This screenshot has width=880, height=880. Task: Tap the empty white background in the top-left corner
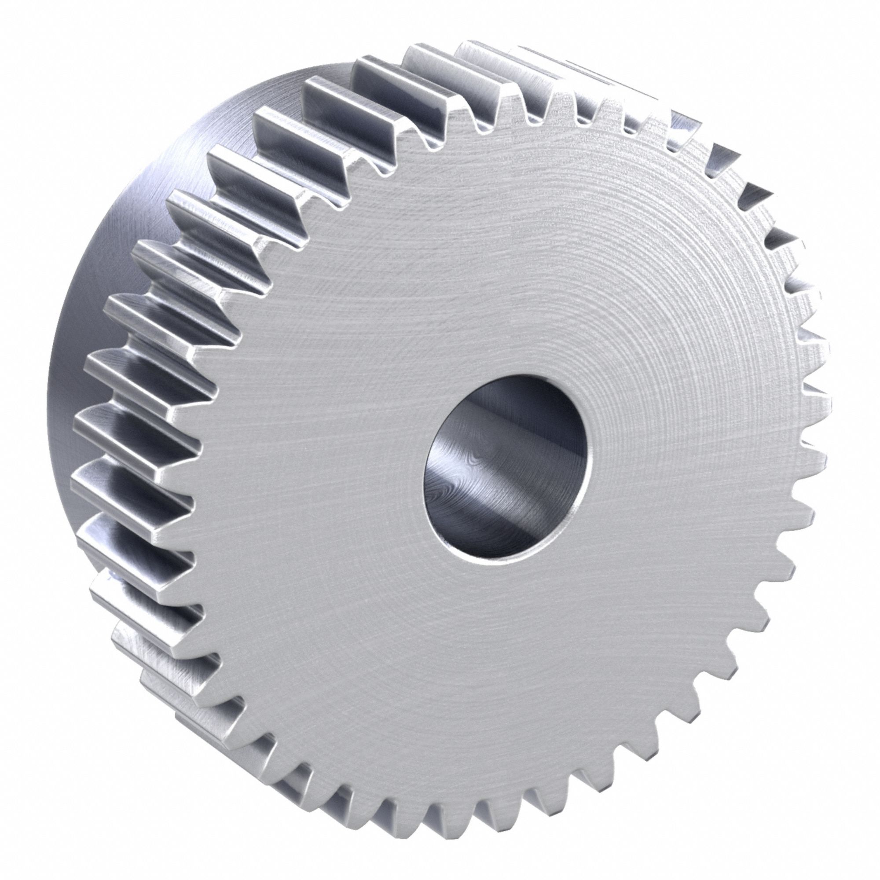pos(46,46)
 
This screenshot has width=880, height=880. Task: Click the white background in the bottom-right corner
pos(833,833)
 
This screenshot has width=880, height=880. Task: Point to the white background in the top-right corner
pos(833,46)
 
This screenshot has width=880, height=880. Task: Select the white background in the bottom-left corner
pos(46,833)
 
